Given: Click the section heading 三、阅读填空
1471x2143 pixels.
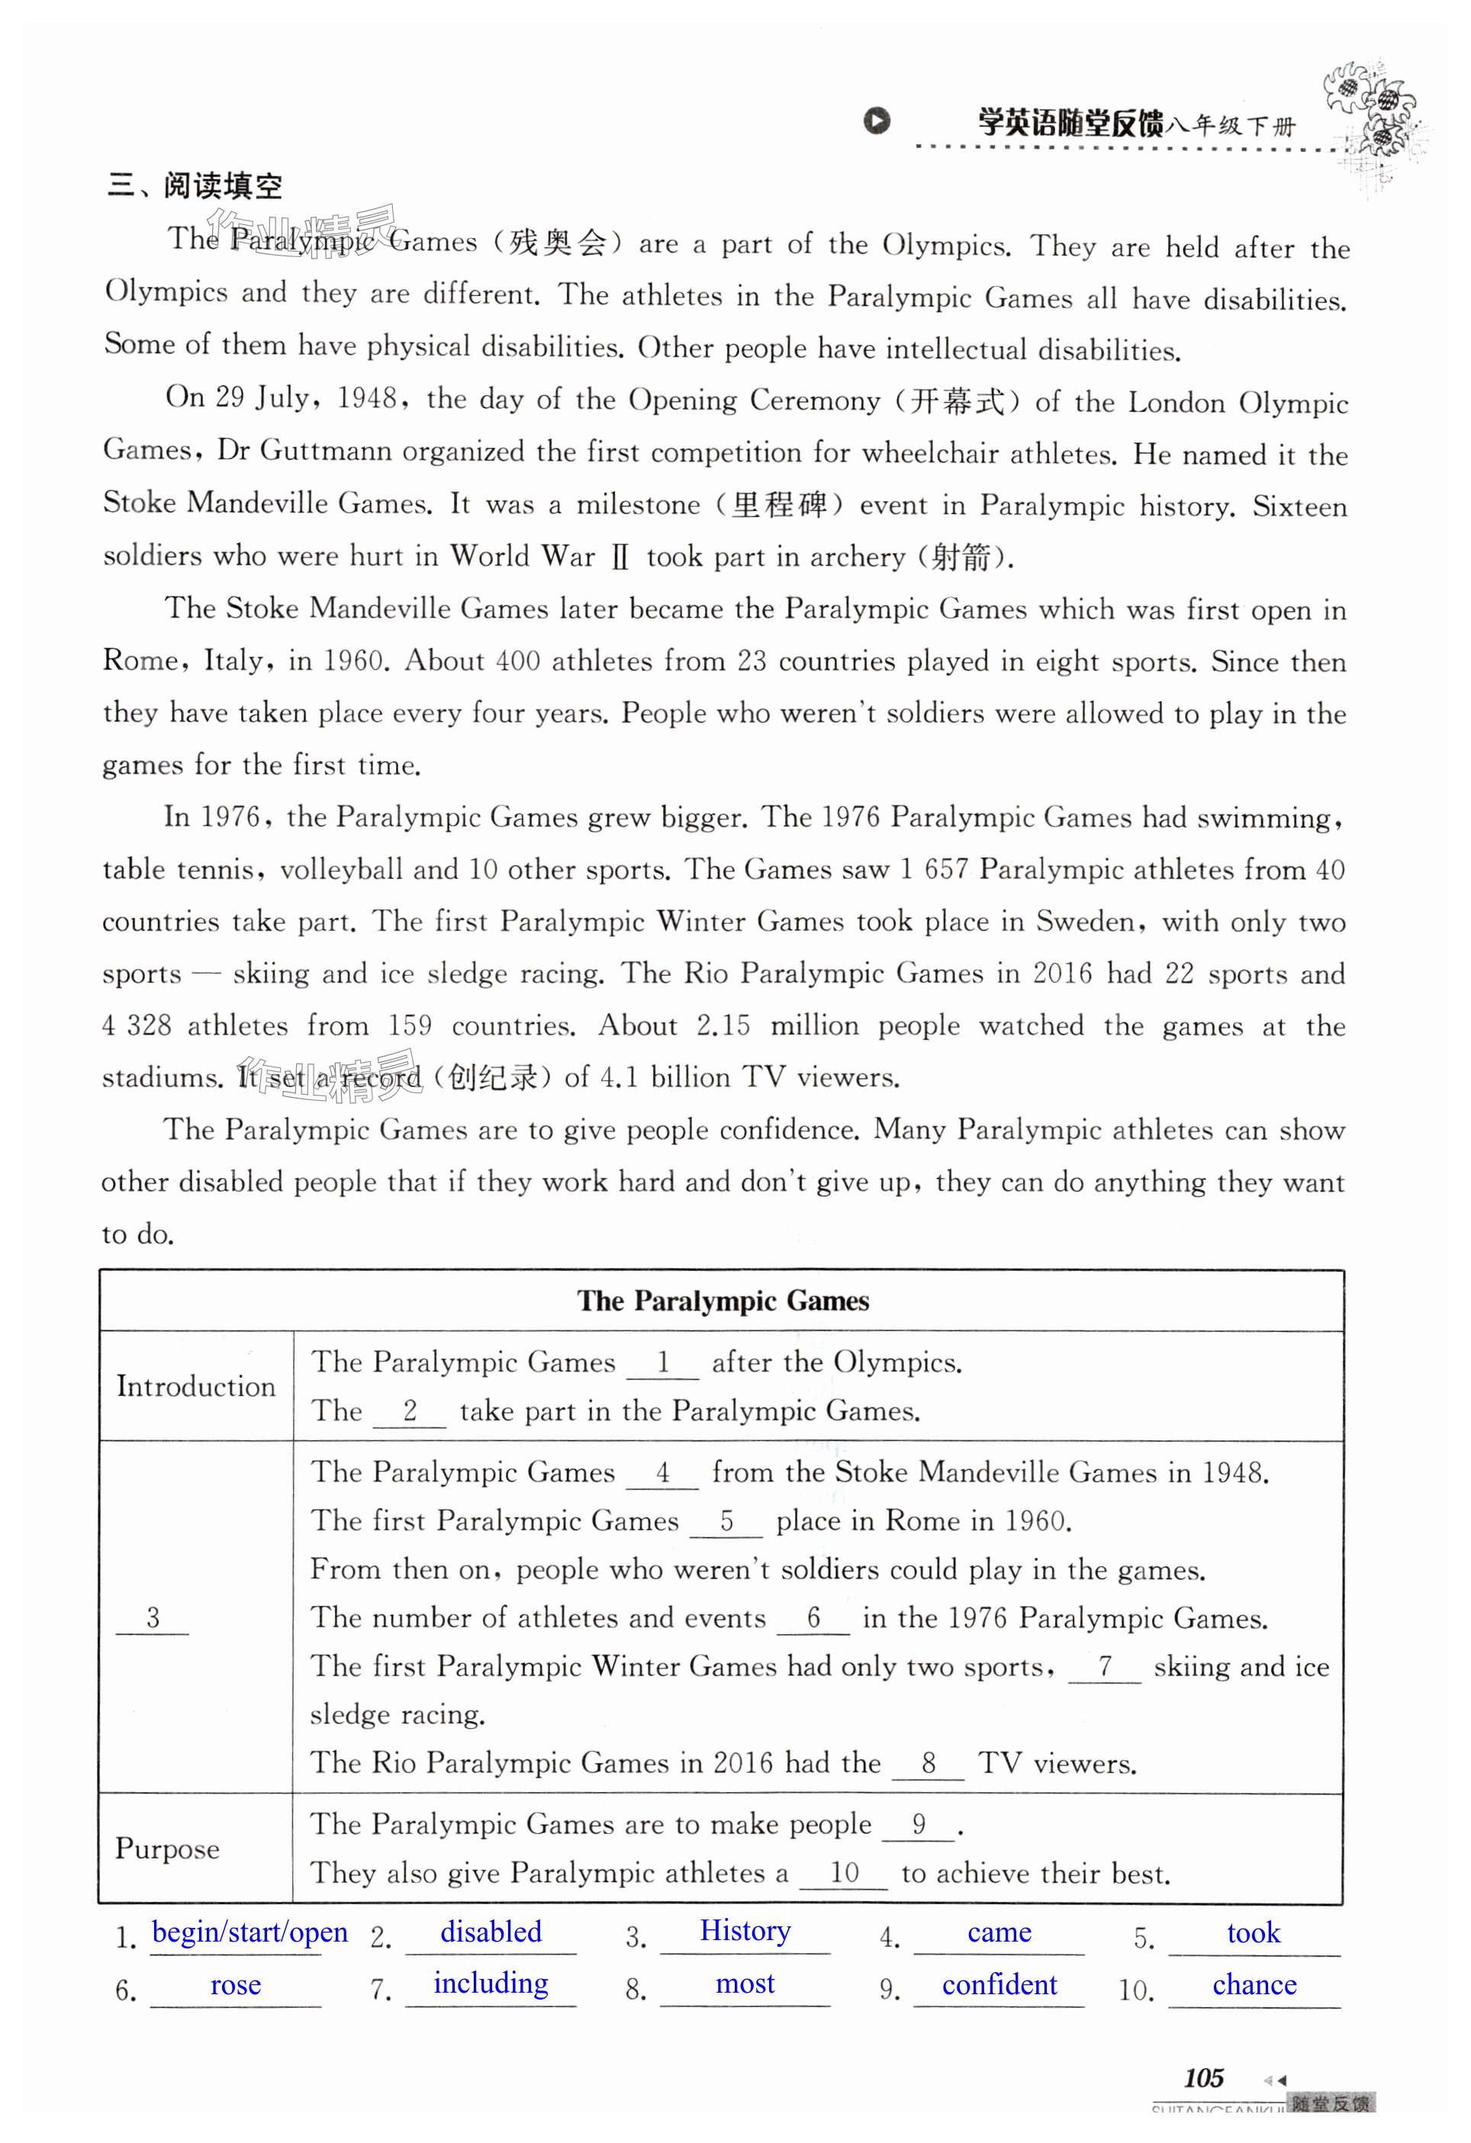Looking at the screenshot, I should [195, 186].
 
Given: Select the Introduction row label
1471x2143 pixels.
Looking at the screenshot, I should [195, 1387].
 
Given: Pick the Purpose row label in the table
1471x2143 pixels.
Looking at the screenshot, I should [167, 1849].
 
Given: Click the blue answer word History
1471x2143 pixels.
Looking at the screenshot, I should [745, 1931].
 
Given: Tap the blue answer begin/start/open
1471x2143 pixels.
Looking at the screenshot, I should [250, 1932].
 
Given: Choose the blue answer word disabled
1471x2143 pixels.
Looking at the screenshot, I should [491, 1932].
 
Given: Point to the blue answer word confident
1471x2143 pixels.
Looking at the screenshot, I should [999, 1984].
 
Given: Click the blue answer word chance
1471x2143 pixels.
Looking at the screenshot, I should [1254, 1984].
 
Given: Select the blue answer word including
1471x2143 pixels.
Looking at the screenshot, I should [491, 1984].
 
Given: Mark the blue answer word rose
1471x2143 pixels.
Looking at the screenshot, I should [235, 1985].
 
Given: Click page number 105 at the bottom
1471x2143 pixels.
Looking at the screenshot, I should [1203, 2078].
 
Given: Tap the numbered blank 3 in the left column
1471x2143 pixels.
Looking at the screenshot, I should [152, 1617].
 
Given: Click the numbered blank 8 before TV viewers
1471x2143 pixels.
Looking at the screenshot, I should [928, 1762].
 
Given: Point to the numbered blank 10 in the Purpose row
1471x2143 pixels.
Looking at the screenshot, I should [844, 1872].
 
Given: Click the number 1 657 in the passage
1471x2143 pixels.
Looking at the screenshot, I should [933, 870].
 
